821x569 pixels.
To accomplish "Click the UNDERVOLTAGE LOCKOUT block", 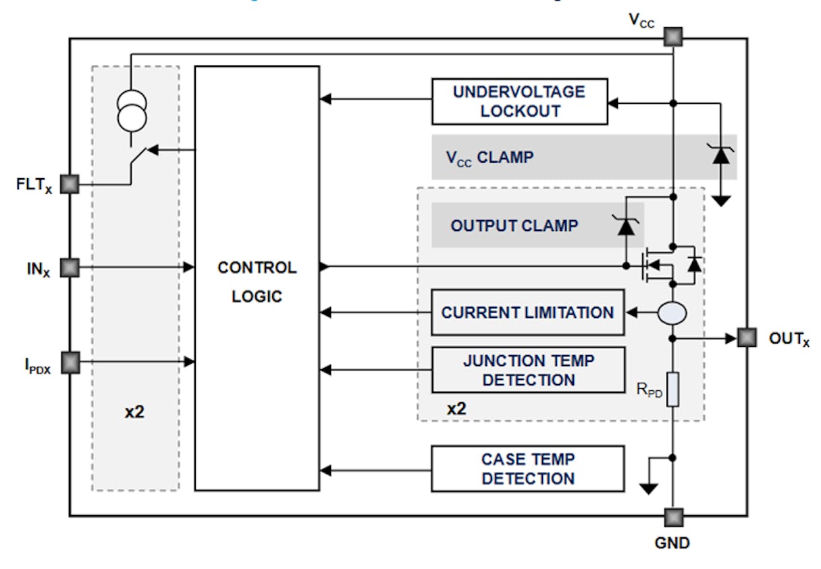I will [519, 101].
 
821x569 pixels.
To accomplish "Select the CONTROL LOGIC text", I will [257, 281].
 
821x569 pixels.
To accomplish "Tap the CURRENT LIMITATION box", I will [527, 313].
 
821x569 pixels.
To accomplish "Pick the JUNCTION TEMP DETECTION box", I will [528, 370].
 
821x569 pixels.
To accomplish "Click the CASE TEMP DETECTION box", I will [527, 468].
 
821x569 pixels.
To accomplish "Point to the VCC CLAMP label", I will [489, 157].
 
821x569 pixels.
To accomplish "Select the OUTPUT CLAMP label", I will [514, 225].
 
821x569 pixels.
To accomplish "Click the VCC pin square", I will [672, 36].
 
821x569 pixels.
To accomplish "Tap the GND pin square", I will [672, 518].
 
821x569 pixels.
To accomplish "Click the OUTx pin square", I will [746, 337].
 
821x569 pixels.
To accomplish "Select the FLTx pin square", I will [70, 184].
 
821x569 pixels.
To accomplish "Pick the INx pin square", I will [70, 268].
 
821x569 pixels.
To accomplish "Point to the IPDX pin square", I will [70, 363].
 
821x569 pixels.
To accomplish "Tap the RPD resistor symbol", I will [672, 389].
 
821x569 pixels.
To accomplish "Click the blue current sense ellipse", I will [672, 313].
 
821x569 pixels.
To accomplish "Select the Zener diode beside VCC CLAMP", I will [722, 156].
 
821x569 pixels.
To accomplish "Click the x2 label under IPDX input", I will [134, 411].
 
